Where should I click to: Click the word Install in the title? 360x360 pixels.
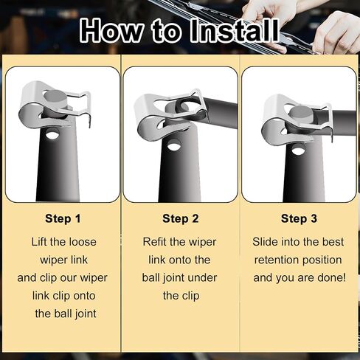235,31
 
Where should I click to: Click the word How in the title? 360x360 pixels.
111,31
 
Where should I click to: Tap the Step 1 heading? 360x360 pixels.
63,218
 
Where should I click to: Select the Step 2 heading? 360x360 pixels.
181,218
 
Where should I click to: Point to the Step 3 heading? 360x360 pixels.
299,218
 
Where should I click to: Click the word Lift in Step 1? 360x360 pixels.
39,242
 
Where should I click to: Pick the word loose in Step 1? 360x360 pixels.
83,242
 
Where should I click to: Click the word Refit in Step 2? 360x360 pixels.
154,242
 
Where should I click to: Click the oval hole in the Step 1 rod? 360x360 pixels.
52,134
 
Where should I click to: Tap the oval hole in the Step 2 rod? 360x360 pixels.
173,145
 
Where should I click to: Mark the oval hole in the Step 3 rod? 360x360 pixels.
298,150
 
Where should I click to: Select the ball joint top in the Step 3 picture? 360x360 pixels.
300,113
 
